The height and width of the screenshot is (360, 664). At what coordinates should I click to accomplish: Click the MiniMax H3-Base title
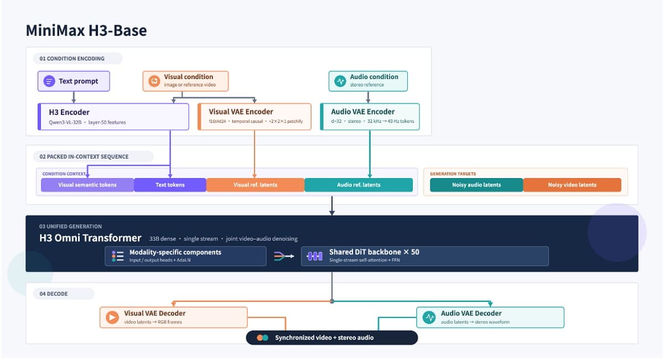coord(86,30)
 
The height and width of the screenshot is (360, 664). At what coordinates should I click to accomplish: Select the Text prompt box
coord(74,81)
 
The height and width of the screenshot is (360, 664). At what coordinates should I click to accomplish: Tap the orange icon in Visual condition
coord(154,81)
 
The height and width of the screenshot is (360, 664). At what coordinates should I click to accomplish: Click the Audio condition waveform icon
coord(340,81)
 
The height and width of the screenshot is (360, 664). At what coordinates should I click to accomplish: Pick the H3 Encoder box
coord(113,117)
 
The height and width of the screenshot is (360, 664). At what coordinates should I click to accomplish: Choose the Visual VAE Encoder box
coord(255,117)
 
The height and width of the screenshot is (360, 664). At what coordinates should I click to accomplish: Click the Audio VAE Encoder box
coord(370,117)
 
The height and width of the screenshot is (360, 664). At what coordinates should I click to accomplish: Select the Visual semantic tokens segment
coord(87,185)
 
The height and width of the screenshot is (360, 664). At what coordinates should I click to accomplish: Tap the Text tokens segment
coord(170,185)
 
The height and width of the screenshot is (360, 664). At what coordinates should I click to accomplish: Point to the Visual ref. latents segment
coord(255,185)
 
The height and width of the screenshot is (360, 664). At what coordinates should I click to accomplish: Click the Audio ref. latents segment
coord(359,185)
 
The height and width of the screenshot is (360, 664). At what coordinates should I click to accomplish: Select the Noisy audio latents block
coord(476,185)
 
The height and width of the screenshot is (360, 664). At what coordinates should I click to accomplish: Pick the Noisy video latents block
coord(572,185)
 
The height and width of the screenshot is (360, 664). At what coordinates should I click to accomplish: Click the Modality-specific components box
coord(185,256)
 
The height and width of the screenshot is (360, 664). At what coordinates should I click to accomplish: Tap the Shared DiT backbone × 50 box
coord(425,256)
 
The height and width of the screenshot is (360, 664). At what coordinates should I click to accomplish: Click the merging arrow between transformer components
coord(284,256)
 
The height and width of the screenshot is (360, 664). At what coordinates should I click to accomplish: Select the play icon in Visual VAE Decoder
coord(112,317)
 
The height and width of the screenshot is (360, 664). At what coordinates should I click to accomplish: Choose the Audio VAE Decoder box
coord(490,317)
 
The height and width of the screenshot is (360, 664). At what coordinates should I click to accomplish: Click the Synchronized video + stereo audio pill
coord(332,338)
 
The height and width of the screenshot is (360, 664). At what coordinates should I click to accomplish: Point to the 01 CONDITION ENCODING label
coord(72,59)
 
